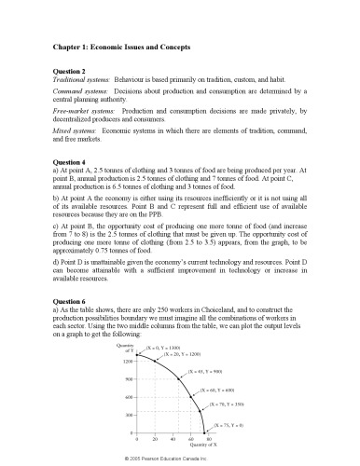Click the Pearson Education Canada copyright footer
[179, 459]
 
